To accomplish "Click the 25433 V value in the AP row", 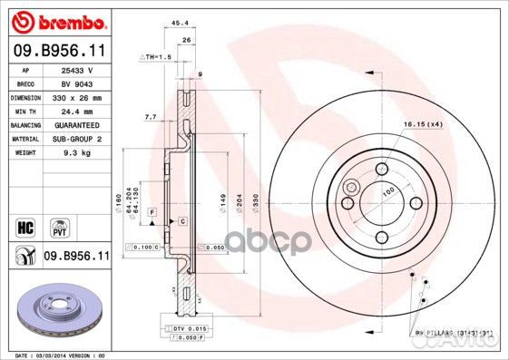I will coord(77,69).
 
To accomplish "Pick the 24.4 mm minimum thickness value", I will coord(76,111).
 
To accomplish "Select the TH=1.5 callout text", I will coord(155,56).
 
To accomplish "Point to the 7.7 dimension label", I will coord(151,117).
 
